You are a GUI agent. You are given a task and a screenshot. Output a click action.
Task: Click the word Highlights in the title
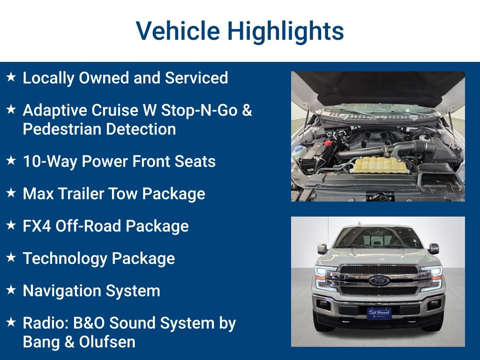(285, 31)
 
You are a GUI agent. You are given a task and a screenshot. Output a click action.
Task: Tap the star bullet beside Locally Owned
(11, 76)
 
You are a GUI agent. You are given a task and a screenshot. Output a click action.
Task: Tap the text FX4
(37, 226)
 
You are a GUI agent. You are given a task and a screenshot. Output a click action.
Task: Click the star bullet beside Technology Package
(11, 257)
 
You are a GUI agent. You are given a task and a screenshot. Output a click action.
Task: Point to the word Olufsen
(107, 342)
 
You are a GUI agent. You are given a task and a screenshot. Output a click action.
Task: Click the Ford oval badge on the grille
(379, 280)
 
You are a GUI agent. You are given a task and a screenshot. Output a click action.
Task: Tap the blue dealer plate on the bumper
(379, 313)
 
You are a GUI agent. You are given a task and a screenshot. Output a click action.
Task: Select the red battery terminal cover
(328, 142)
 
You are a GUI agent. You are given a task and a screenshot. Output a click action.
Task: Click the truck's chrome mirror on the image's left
(322, 248)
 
